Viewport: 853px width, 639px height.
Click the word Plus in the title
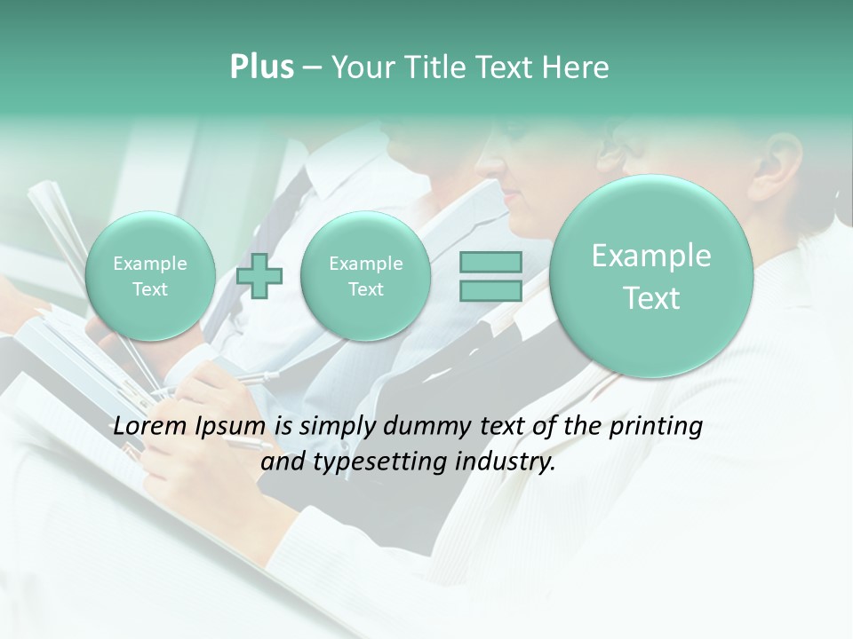261,67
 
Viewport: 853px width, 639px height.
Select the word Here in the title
577,67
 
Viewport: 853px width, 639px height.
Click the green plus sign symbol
260,276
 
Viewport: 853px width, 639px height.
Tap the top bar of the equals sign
490,263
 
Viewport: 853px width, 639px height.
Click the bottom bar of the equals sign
490,291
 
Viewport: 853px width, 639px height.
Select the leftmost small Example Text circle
149,276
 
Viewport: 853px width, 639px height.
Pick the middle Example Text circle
365,276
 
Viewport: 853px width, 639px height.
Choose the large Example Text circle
651,276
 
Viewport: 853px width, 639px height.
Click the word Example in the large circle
651,256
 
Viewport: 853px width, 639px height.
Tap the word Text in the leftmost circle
149,289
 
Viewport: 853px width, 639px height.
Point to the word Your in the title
360,67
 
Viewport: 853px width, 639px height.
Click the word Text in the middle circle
365,289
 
